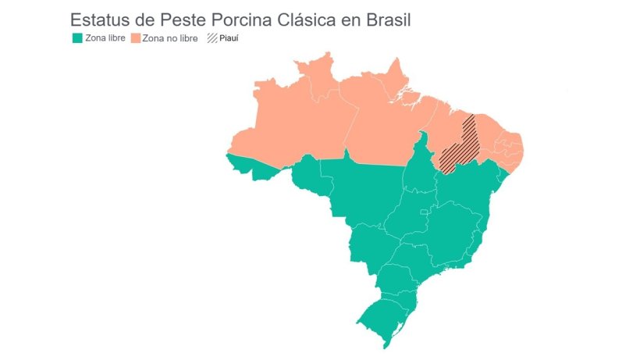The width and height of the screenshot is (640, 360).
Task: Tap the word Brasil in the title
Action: point(385,20)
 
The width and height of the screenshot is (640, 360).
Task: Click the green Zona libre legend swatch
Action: point(76,37)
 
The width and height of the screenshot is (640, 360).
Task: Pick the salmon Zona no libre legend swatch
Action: point(135,37)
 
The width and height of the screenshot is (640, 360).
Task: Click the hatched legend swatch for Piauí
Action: point(212,37)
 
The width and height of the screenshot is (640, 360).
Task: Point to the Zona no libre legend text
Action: point(169,37)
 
